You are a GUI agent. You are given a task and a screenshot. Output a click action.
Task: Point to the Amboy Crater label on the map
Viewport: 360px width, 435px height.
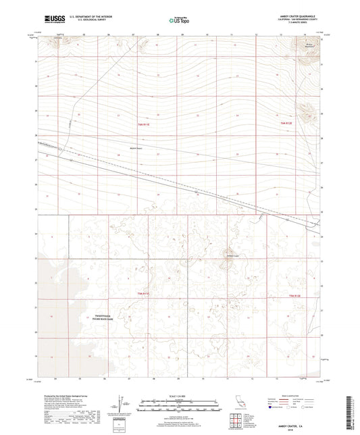coord(232,254)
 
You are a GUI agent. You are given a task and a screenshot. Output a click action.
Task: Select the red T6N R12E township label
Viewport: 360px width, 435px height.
coord(288,124)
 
